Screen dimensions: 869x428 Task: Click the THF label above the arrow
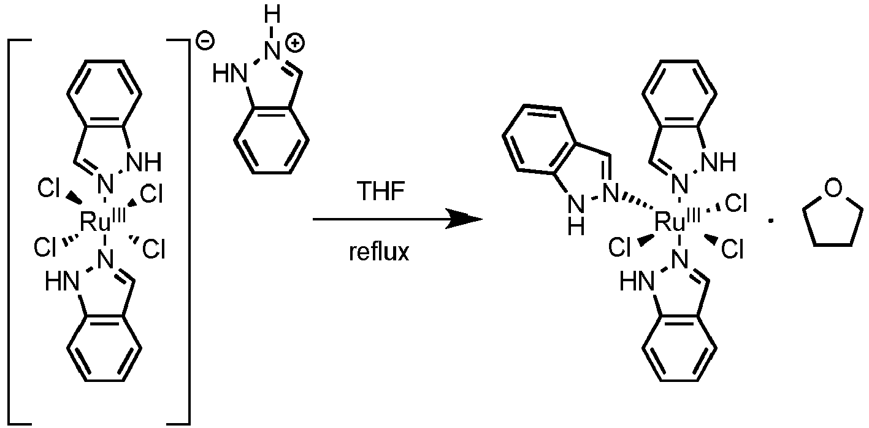coord(380,191)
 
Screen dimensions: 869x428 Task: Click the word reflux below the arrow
coord(379,252)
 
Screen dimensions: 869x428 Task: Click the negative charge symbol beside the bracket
coord(205,41)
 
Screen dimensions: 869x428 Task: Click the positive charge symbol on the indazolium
coord(295,43)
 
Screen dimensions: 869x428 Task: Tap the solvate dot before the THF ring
coord(771,222)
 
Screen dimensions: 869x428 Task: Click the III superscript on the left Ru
coord(119,215)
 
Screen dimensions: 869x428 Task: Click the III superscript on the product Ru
coord(694,215)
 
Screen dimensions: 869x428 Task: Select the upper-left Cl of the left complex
coord(48,189)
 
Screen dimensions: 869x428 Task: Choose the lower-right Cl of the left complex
coord(154,249)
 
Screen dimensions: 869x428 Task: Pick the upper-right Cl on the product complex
coord(736,203)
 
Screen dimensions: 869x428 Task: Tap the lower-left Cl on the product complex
coord(619,247)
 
